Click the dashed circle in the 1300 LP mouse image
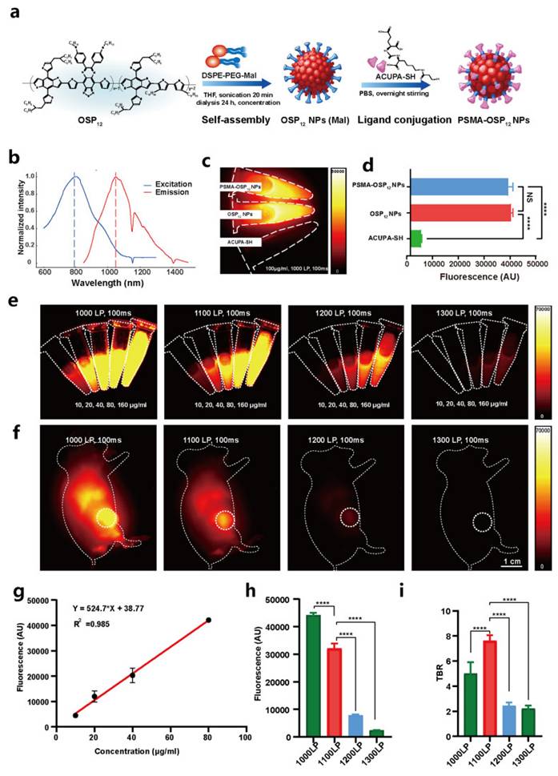point(481,522)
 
